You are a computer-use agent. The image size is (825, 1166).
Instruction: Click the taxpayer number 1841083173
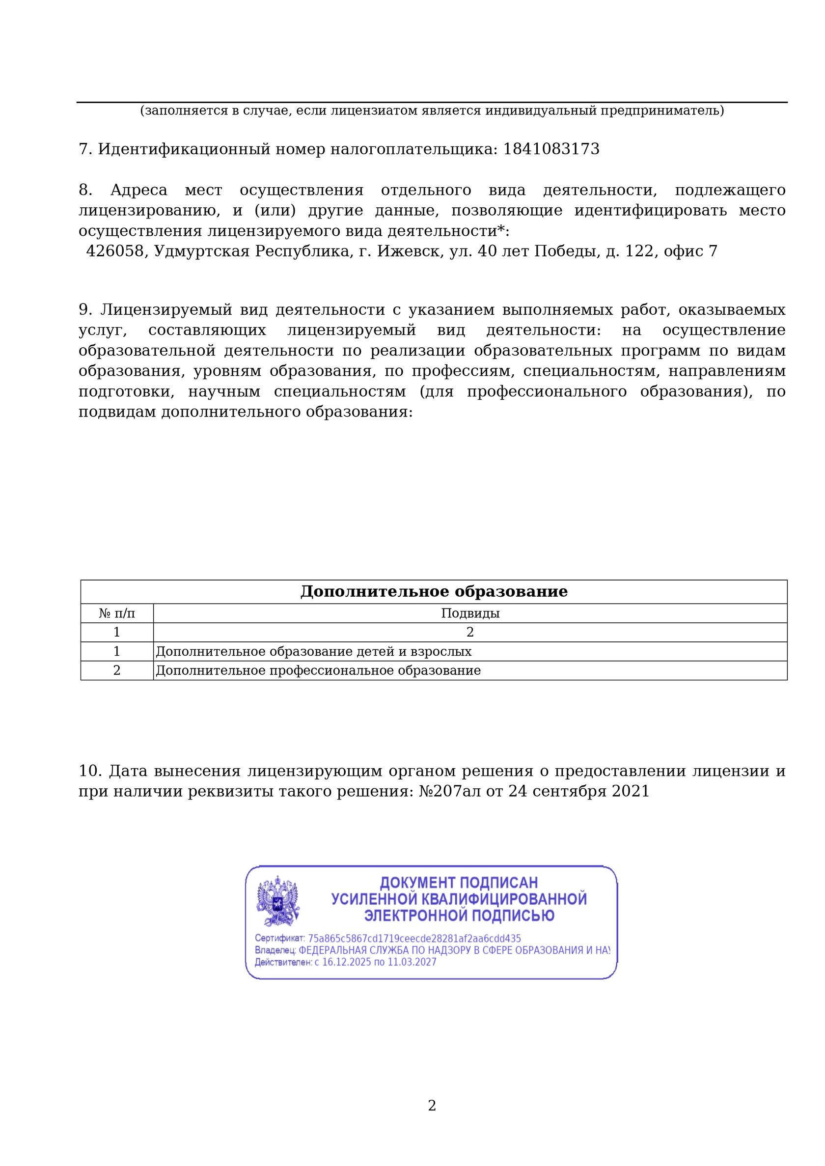(x=551, y=149)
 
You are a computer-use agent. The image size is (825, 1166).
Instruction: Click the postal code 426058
(x=115, y=251)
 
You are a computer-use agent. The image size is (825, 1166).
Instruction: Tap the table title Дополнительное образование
(x=434, y=591)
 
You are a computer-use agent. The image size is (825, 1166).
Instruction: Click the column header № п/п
(x=117, y=613)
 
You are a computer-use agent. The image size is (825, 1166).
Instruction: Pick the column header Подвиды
(x=470, y=613)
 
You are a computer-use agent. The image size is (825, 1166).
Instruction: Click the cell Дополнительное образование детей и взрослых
(x=313, y=651)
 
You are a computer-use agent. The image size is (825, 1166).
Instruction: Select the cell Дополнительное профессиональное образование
(x=318, y=670)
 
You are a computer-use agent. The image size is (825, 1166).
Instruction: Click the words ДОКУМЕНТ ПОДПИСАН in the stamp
(x=459, y=883)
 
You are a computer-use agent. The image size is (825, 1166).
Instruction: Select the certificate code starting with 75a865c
(x=414, y=939)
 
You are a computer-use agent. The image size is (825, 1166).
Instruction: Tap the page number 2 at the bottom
(x=432, y=1106)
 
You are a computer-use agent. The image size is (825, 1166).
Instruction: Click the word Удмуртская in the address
(x=201, y=251)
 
